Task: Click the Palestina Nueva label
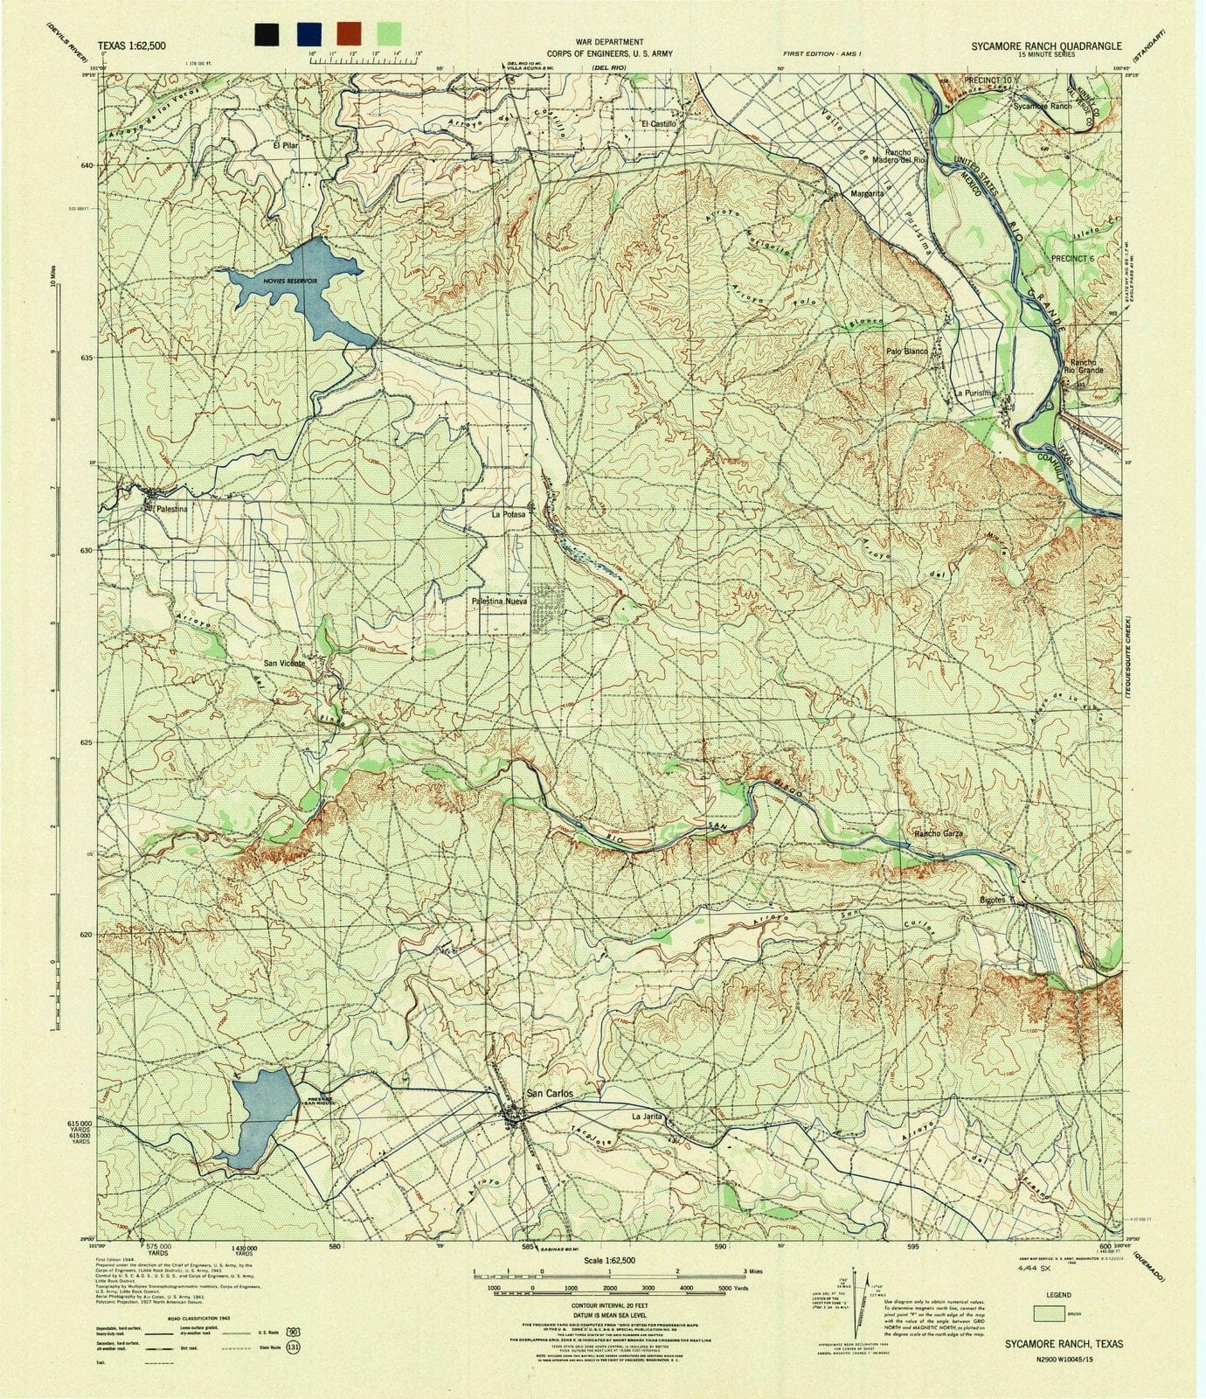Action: pyautogui.click(x=500, y=602)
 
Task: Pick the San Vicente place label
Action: pyautogui.click(x=285, y=664)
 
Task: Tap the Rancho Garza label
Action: pyautogui.click(x=939, y=834)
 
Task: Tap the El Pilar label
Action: pyautogui.click(x=286, y=146)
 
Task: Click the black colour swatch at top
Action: pyautogui.click(x=267, y=34)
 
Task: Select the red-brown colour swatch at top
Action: pyautogui.click(x=348, y=34)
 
